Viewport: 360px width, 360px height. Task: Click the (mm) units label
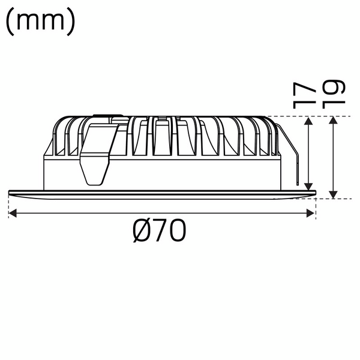(40, 22)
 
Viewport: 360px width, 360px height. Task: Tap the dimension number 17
(305, 94)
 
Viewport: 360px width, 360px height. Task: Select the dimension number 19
(334, 94)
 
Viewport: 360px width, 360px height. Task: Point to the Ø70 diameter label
(160, 232)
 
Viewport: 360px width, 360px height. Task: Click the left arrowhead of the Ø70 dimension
(13, 212)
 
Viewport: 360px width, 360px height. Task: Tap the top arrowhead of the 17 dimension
(309, 121)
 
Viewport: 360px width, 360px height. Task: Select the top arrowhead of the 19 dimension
(334, 121)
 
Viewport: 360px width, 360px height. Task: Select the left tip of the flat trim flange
(10, 192)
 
